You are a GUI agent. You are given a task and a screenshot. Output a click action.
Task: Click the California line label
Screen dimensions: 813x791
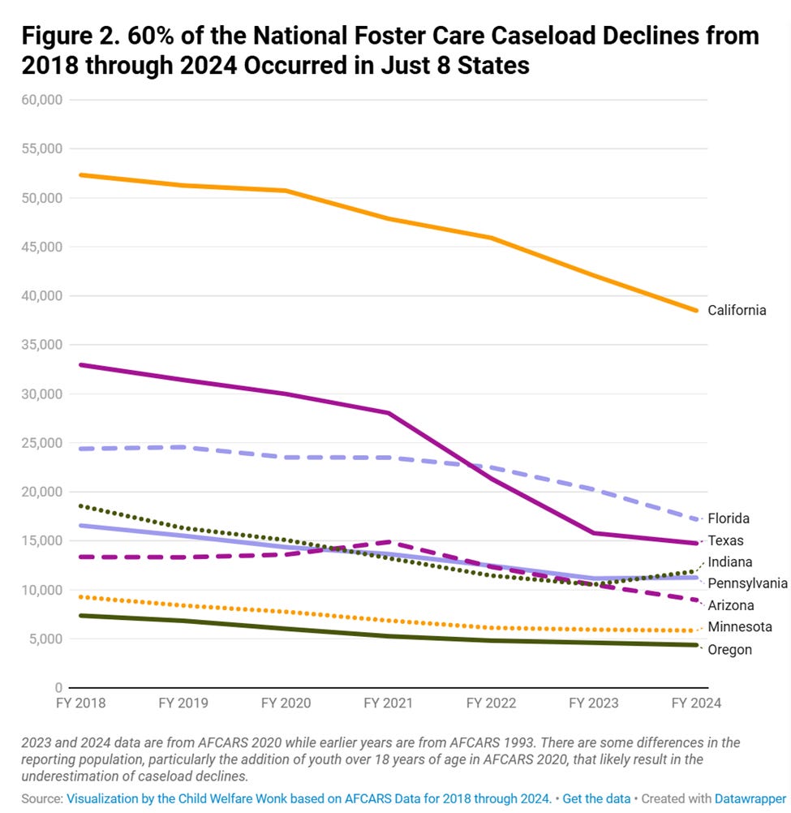pos(737,310)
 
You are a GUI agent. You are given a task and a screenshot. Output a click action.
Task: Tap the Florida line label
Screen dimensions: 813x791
pos(729,518)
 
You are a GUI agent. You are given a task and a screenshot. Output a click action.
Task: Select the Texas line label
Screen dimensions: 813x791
pos(725,540)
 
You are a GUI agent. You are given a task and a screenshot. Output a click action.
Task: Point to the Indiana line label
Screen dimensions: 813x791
pos(730,561)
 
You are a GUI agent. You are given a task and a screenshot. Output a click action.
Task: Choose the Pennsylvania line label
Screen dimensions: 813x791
pos(747,583)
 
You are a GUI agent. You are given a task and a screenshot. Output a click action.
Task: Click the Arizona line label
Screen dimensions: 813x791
pos(730,605)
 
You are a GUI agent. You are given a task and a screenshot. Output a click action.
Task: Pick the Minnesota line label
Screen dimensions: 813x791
pos(740,626)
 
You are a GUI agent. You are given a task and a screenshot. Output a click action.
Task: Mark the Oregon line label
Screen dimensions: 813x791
pos(729,649)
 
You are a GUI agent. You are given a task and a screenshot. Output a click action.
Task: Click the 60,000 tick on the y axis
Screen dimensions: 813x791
pos(45,100)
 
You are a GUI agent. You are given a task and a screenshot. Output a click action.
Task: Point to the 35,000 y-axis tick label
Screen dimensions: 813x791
pos(45,345)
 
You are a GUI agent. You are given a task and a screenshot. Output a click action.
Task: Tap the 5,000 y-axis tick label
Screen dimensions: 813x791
pos(49,639)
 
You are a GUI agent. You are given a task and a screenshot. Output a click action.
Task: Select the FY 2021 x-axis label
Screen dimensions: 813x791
pos(389,703)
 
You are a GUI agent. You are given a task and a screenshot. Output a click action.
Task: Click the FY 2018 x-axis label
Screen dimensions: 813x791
pos(80,703)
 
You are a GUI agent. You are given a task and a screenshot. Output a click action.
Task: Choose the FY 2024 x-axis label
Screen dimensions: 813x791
pos(694,703)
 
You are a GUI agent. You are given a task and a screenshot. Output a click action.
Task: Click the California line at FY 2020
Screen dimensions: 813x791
pos(286,191)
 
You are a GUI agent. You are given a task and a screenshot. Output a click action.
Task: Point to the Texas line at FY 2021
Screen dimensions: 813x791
pos(389,413)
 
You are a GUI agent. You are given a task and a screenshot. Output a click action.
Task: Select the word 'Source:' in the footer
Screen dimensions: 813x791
pos(41,798)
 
